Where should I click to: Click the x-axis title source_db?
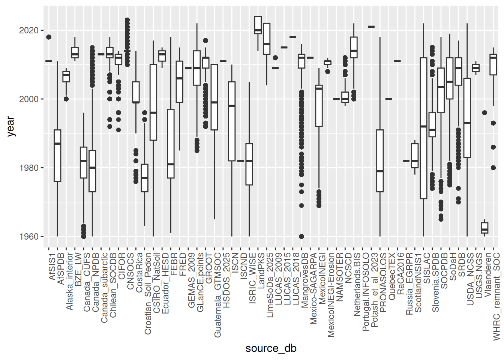(x=271, y=348)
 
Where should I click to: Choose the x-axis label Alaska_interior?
(x=70, y=281)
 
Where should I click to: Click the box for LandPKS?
(x=258, y=25)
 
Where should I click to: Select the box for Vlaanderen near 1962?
(x=484, y=228)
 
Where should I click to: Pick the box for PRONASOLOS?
(x=380, y=161)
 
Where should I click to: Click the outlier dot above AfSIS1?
(x=49, y=37)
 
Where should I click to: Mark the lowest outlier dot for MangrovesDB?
(x=301, y=237)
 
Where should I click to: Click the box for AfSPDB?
(x=57, y=156)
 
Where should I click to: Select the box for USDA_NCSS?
(x=467, y=118)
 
